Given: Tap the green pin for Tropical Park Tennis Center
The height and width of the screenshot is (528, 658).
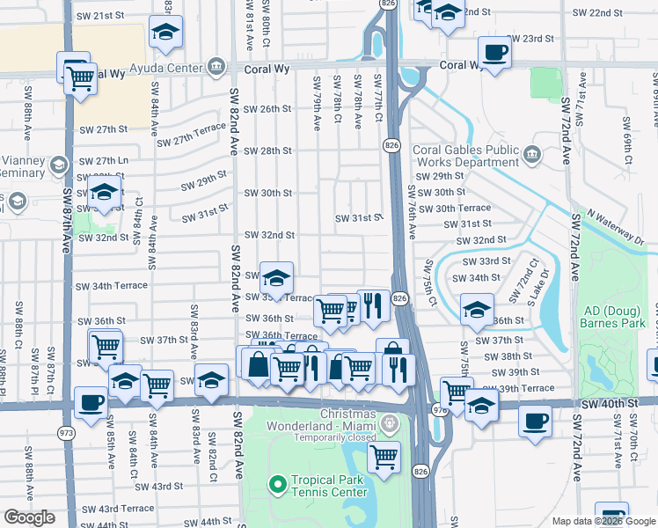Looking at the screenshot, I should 277,485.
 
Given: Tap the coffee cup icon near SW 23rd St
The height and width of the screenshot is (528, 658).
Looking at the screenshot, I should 493,51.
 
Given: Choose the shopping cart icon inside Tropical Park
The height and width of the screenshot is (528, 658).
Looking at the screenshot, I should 384,457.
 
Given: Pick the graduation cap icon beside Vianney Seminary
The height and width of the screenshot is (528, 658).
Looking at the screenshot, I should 58,165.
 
